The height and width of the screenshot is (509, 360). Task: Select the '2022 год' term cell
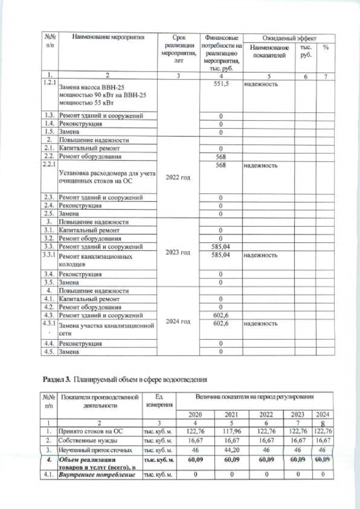(x=177, y=177)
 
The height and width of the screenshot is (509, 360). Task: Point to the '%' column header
(x=325, y=48)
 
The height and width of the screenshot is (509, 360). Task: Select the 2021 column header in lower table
(x=233, y=415)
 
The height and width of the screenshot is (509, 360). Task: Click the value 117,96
(x=233, y=431)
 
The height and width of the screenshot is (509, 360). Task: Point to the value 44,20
(x=233, y=451)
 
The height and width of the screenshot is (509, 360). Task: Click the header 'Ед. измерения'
(x=159, y=401)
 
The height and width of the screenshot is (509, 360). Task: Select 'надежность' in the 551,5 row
(x=260, y=83)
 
